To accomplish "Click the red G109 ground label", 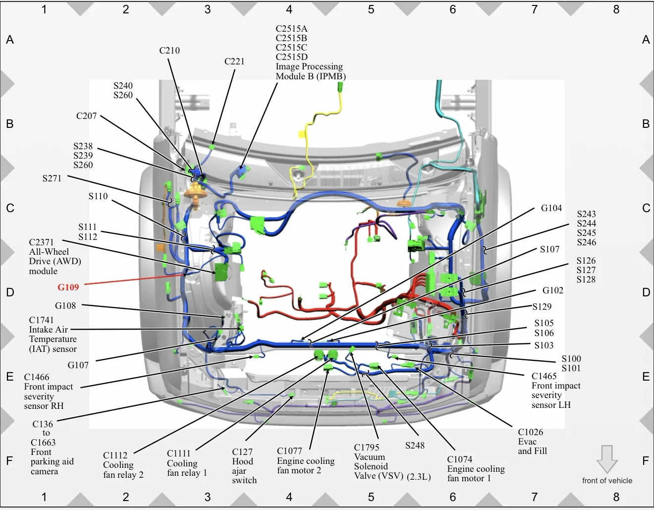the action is [x=68, y=287].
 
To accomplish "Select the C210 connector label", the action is [x=169, y=50].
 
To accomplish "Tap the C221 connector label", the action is [x=234, y=61].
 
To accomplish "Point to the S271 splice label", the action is [x=52, y=178].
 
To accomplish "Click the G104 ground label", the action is [x=551, y=208].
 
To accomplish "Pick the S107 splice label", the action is [x=549, y=249].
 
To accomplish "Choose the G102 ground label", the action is [x=553, y=290].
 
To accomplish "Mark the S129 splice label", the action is [x=542, y=306].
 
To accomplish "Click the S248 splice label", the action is [x=415, y=445].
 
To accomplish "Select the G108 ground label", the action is [x=65, y=306].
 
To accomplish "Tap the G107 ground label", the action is [x=78, y=365].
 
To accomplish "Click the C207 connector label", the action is [x=86, y=116].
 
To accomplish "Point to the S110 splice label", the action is [x=98, y=196].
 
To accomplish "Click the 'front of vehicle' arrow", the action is [x=607, y=459].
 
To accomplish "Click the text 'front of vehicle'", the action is [x=607, y=480].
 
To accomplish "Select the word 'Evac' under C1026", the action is [x=527, y=442].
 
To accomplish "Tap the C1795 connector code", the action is [x=367, y=448].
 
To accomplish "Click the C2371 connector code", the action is [x=41, y=242].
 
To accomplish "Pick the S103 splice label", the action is [x=544, y=345].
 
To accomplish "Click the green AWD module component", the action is [x=221, y=272].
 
